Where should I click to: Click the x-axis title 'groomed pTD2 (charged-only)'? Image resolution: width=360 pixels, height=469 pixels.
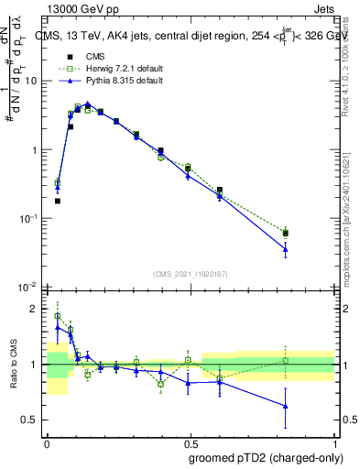tap(265, 457)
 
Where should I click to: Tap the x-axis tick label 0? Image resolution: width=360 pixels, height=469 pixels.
tap(47, 442)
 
